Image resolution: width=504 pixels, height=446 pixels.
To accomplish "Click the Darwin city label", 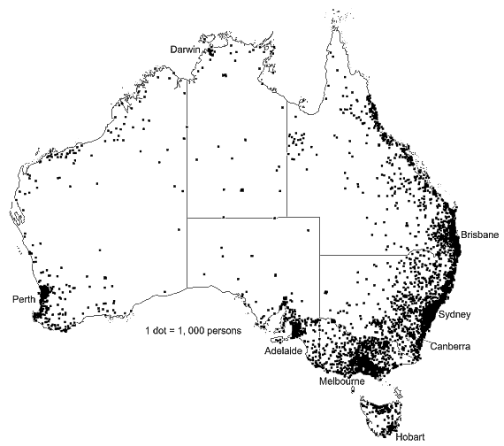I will tap(185, 50).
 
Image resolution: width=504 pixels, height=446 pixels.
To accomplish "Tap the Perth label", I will tap(24, 299).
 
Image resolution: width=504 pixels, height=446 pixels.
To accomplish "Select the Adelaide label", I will tap(284, 350).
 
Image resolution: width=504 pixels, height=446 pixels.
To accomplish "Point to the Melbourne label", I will tap(343, 381).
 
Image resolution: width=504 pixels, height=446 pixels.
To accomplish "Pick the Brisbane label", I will tap(479, 236).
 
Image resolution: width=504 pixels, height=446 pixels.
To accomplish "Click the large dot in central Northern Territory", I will tap(241, 188).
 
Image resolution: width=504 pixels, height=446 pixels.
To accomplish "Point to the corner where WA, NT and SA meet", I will tap(187, 217).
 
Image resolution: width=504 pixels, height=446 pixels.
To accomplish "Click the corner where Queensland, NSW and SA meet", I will tap(319, 256).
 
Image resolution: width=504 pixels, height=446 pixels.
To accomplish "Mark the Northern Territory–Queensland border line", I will tap(286, 159).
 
